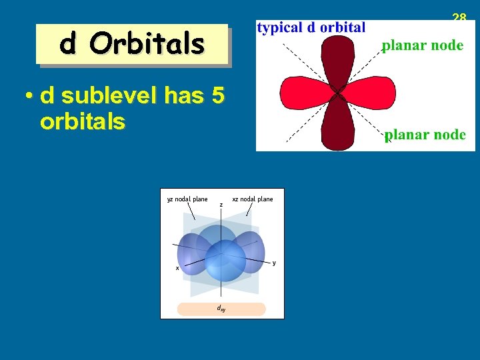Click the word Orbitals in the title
pyautogui.click(x=148, y=44)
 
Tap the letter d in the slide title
pyautogui.click(x=67, y=44)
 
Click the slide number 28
pyautogui.click(x=459, y=17)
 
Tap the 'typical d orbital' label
pyautogui.click(x=311, y=27)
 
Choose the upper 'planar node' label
pyautogui.click(x=422, y=46)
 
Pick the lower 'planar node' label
pyautogui.click(x=425, y=135)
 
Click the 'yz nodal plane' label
pyautogui.click(x=187, y=199)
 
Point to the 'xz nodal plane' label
pyautogui.click(x=252, y=199)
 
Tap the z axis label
pyautogui.click(x=221, y=204)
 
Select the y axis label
pyautogui.click(x=274, y=263)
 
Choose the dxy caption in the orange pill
pyautogui.click(x=220, y=309)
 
